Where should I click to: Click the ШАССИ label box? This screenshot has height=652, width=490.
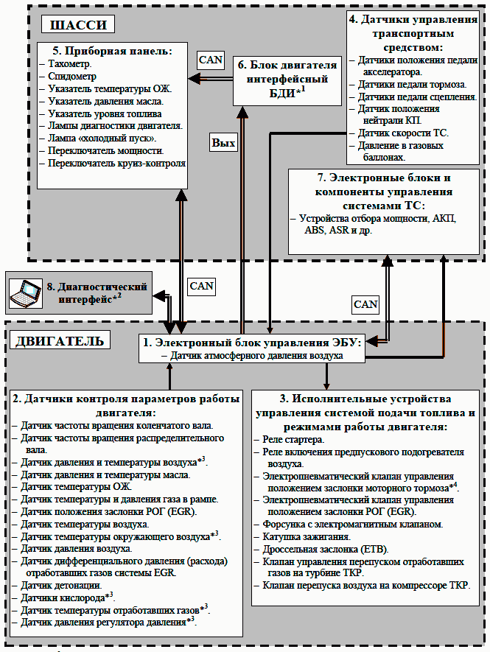coord(78,24)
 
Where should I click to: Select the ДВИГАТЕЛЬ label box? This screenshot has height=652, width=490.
coord(60,340)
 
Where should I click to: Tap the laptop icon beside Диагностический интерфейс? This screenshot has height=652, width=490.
coord(25,293)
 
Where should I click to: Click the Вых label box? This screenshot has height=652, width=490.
coord(223,143)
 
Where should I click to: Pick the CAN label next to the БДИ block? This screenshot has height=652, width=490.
coord(211,60)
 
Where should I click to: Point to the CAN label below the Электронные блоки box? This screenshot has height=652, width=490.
coord(365,304)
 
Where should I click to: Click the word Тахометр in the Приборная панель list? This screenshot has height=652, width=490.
coord(69,64)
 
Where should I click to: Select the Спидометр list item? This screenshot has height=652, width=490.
coord(72,77)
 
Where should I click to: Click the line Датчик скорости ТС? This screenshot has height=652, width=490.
coord(403,133)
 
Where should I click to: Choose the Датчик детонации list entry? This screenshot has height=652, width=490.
coord(62,586)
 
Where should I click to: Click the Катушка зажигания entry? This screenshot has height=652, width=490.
coord(307,537)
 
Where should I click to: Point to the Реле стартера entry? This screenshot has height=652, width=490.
coord(293,440)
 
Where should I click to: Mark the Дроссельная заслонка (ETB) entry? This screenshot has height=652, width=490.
coord(325,550)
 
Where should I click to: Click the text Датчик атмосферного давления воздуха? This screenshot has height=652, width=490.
coord(256,356)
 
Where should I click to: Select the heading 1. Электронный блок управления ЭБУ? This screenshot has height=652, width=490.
coord(252,343)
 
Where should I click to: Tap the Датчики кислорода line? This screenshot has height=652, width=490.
coord(67,597)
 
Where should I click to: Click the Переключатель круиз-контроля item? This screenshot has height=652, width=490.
coord(116,164)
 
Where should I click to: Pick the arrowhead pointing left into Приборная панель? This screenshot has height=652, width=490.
coord(195,79)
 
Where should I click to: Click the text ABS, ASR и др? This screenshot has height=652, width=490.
coord(338,231)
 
